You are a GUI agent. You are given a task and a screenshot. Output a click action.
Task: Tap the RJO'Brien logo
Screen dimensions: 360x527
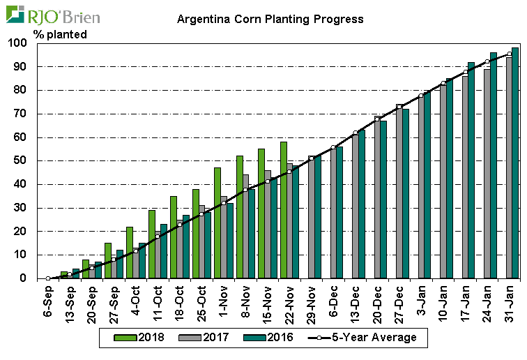coord(54,15)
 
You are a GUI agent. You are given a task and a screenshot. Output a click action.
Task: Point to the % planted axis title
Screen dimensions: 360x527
coord(60,34)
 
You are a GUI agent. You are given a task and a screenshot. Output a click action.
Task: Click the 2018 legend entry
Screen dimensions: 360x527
coord(143,338)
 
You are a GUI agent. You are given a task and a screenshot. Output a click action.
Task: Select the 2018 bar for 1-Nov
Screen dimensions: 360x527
coord(217,223)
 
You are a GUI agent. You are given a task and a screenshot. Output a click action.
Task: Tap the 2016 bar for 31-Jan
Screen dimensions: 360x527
coord(515,163)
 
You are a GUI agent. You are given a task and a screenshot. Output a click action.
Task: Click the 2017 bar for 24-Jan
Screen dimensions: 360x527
coord(487,174)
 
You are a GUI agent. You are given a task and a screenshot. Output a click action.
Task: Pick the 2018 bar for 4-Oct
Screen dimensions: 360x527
coord(130,253)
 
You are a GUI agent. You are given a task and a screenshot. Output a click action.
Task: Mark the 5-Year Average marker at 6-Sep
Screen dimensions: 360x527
coord(48,278)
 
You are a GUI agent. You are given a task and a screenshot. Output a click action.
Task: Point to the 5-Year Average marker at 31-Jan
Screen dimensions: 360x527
coord(510,54)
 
